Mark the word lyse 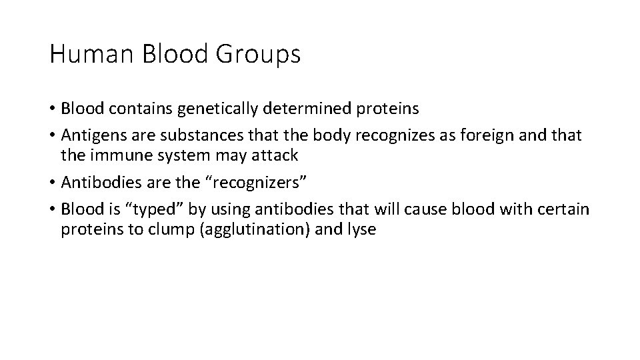tap(361, 230)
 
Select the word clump tap(153, 230)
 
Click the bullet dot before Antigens tap(52, 136)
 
